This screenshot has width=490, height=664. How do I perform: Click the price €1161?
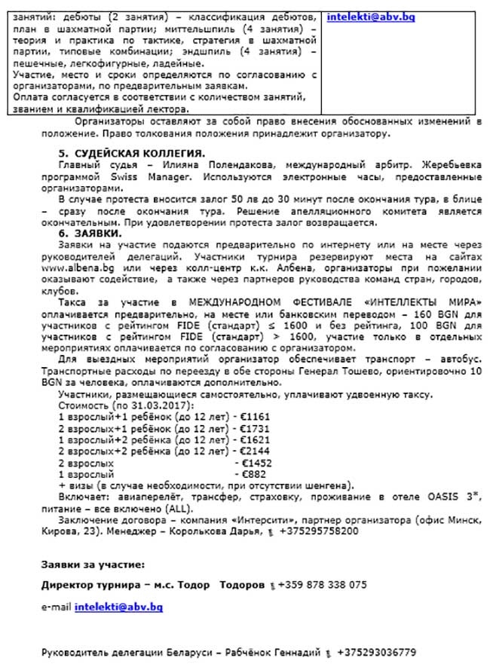tap(257, 416)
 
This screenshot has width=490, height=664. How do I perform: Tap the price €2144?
tap(257, 451)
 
